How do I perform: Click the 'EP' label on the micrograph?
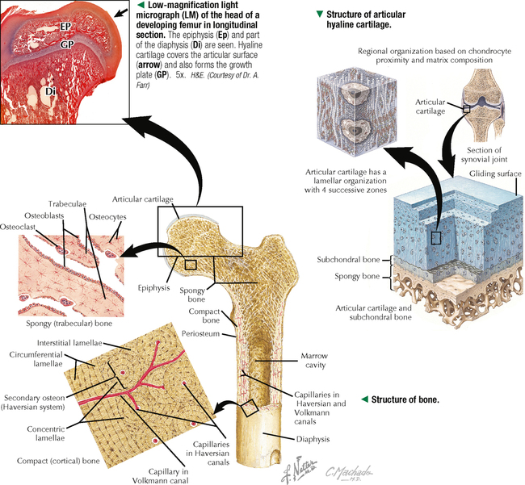65,27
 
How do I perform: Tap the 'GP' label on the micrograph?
69,44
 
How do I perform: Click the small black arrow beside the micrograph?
121,12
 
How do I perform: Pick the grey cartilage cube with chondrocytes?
347,108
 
